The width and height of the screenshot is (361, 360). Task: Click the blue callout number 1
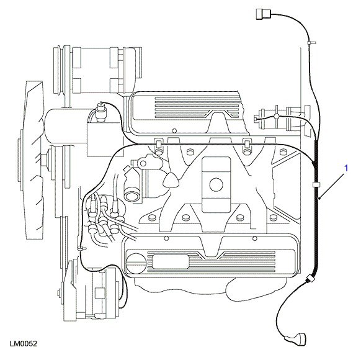345,168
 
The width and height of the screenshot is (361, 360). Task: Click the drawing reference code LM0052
23,344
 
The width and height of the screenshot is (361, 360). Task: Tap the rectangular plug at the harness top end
264,14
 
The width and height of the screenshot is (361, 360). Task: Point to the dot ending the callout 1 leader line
319,198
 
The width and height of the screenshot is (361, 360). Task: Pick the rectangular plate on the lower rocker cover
171,262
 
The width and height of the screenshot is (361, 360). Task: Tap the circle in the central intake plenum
216,184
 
